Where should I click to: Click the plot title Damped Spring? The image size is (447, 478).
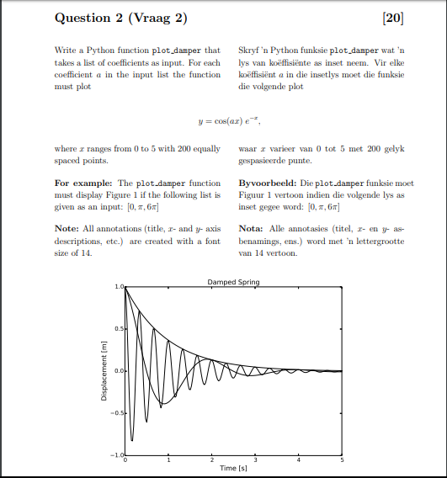(233, 282)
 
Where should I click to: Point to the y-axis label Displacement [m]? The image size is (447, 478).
(104, 371)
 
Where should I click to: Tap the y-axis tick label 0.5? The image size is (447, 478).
(119, 328)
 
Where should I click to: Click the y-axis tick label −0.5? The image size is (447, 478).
(117, 413)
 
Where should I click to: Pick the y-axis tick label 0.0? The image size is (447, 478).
(119, 371)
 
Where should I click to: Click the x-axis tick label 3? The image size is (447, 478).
(255, 460)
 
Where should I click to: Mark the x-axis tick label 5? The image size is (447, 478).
(342, 460)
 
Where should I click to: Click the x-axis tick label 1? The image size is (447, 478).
(168, 460)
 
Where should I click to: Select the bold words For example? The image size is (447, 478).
(82, 183)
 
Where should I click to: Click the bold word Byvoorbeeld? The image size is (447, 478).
(268, 183)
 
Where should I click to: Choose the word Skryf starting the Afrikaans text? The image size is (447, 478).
(251, 51)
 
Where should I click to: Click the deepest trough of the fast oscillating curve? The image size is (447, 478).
(132, 439)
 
